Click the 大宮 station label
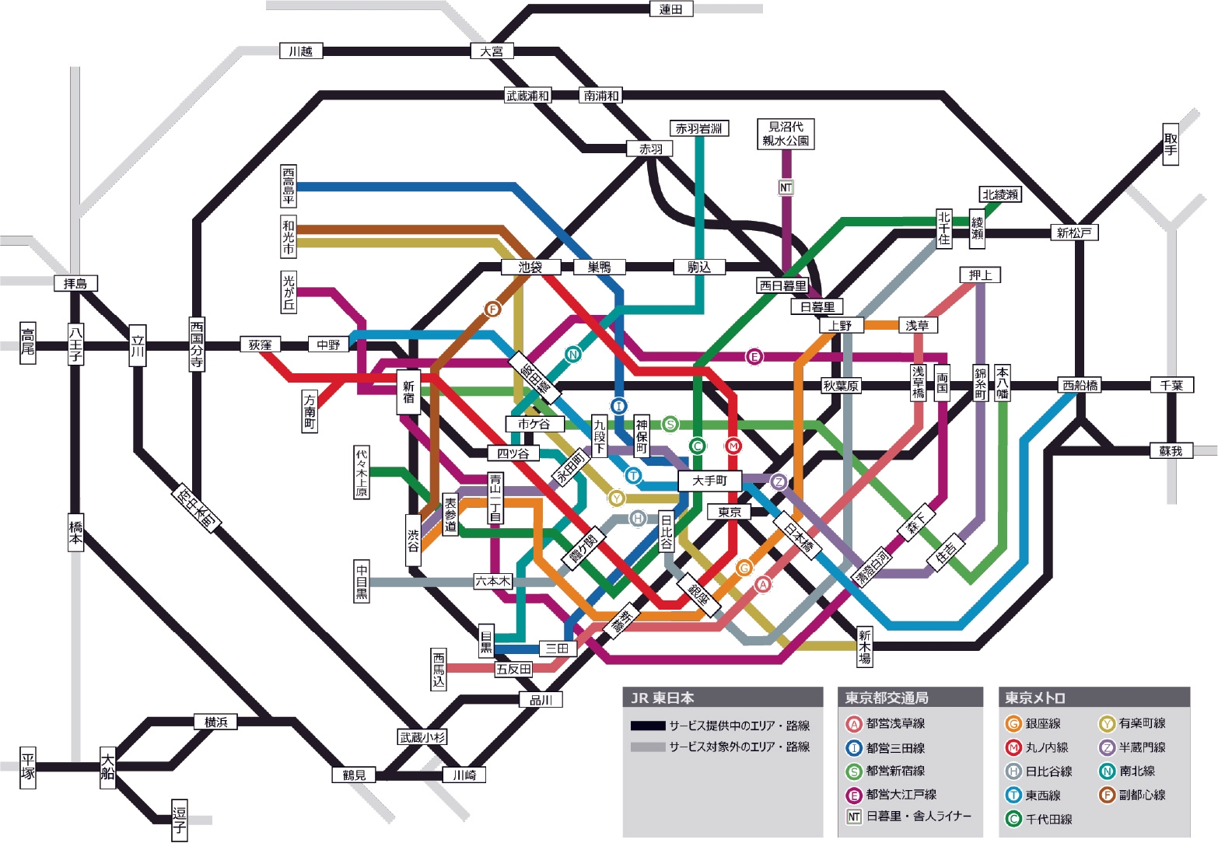[492, 51]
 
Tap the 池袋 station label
[530, 268]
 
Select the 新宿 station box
[408, 392]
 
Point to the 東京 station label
[730, 512]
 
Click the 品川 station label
[541, 700]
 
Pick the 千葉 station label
[1171, 385]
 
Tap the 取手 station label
[1171, 144]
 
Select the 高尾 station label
[28, 342]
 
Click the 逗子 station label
[180, 820]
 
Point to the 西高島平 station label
[289, 186]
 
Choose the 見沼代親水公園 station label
[786, 134]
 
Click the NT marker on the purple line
[786, 187]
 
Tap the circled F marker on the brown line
[492, 310]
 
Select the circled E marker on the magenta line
[753, 357]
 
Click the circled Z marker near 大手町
[779, 482]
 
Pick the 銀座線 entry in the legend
[1034, 724]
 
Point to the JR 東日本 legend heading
[663, 698]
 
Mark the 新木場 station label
[864, 646]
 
